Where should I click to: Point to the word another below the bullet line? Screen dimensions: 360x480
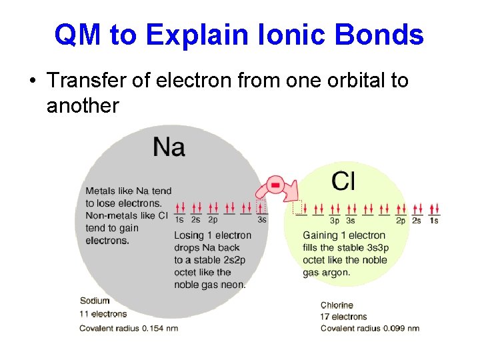[x=82, y=105]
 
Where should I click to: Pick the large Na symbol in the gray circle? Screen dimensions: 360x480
[x=169, y=147]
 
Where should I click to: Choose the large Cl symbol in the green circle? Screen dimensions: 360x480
[x=343, y=180]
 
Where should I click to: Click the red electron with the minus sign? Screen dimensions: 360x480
[x=275, y=183]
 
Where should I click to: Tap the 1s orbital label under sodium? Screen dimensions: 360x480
[x=179, y=219]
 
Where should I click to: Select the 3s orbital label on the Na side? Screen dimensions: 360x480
[x=262, y=219]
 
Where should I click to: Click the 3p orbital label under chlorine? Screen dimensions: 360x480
[x=335, y=221]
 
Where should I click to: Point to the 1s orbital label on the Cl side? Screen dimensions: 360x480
[x=434, y=221]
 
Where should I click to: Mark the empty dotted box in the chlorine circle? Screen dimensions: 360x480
[x=298, y=208]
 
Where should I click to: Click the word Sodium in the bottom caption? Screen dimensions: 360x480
[x=95, y=301]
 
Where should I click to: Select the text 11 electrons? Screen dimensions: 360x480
[x=103, y=314]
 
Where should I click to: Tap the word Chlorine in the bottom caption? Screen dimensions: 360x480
[x=338, y=305]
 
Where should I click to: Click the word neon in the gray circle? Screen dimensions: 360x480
[x=233, y=285]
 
